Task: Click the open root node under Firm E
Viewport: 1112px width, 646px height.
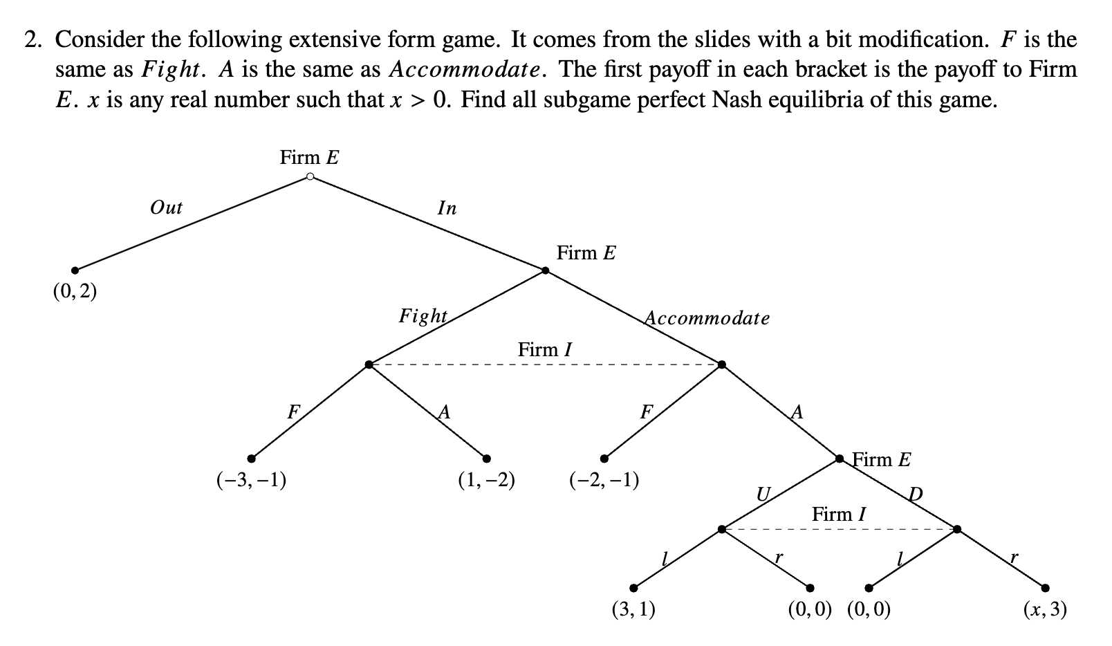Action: (311, 177)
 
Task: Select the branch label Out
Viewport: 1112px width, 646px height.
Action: (166, 207)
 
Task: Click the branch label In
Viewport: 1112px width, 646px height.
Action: (447, 208)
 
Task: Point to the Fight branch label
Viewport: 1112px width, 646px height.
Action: (423, 316)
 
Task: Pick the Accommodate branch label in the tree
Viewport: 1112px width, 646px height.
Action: (707, 318)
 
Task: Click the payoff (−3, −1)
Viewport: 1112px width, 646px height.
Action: (252, 480)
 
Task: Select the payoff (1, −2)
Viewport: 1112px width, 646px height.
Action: (486, 480)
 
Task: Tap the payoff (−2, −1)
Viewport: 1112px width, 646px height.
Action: (604, 480)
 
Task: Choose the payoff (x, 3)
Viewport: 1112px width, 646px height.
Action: (1045, 609)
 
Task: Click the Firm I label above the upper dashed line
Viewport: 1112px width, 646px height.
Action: (545, 350)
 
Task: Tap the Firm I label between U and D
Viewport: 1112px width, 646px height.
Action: (838, 515)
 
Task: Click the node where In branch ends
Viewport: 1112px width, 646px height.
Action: (546, 270)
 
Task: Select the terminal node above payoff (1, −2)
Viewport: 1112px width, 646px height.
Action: (487, 458)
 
